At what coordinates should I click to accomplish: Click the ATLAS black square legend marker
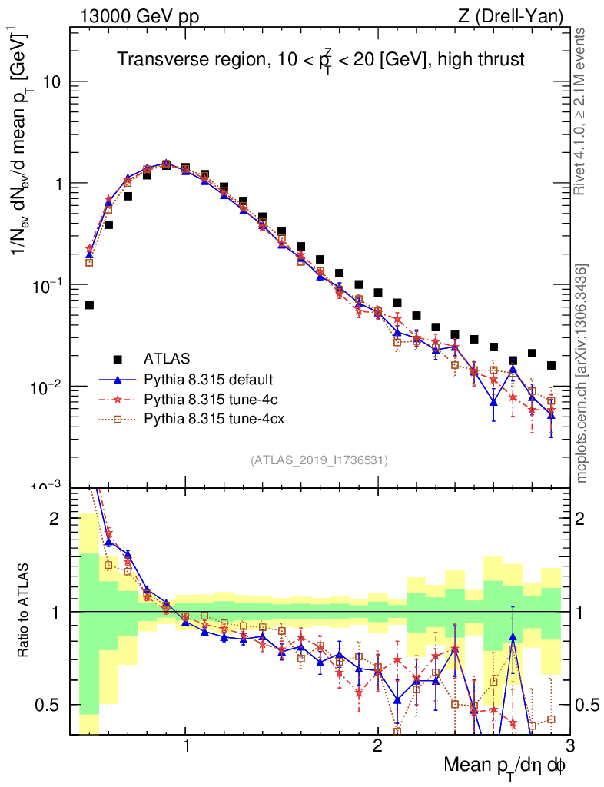point(118,358)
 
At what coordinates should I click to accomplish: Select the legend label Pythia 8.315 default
point(203,379)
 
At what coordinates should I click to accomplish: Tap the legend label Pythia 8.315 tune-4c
point(203,399)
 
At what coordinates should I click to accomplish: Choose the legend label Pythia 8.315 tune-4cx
point(206,419)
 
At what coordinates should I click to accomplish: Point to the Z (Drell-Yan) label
point(518,16)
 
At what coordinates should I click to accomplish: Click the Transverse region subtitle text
point(320,60)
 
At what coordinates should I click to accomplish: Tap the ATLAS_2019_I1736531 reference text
point(319,460)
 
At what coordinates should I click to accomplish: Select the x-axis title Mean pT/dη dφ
point(505,765)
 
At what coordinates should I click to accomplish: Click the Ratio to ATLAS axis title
point(24,611)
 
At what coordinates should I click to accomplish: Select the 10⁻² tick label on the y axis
point(47,386)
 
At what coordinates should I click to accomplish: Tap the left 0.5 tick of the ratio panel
point(51,705)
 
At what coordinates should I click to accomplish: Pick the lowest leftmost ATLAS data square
point(89,305)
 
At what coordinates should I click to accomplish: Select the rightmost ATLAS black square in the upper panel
point(550,365)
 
